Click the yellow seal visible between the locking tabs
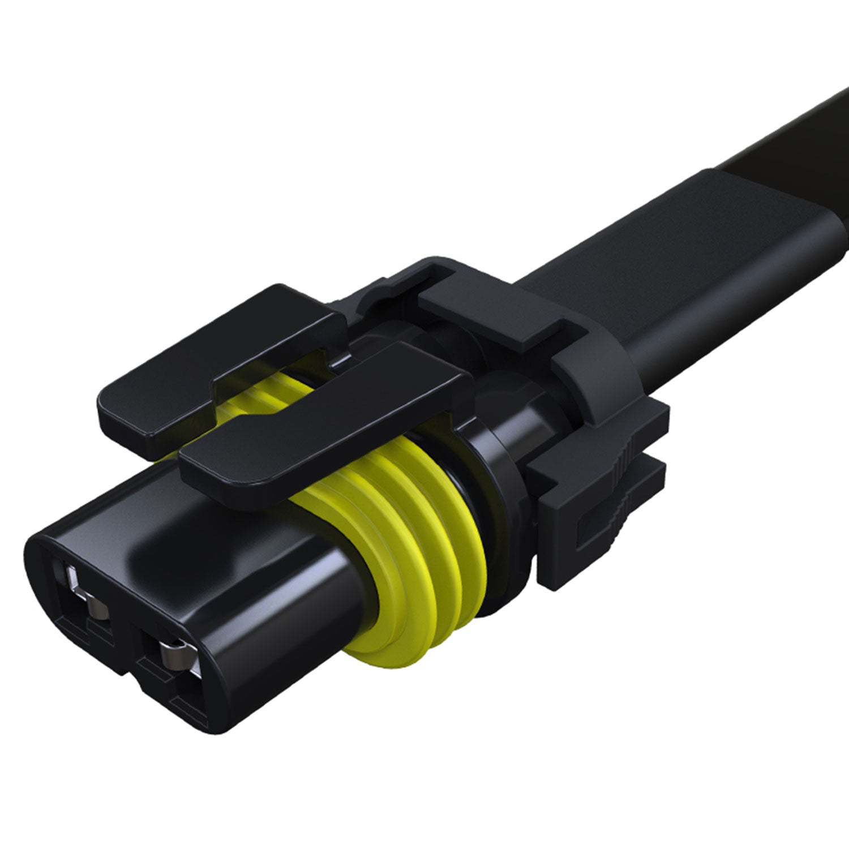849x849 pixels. (266, 396)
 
